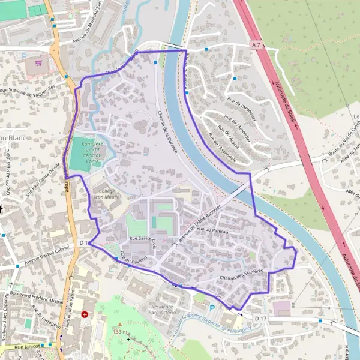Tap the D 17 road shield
pyautogui.click(x=260, y=317)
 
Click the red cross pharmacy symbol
pyautogui.click(x=85, y=314)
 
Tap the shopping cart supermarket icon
pyautogui.click(x=39, y=62)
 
